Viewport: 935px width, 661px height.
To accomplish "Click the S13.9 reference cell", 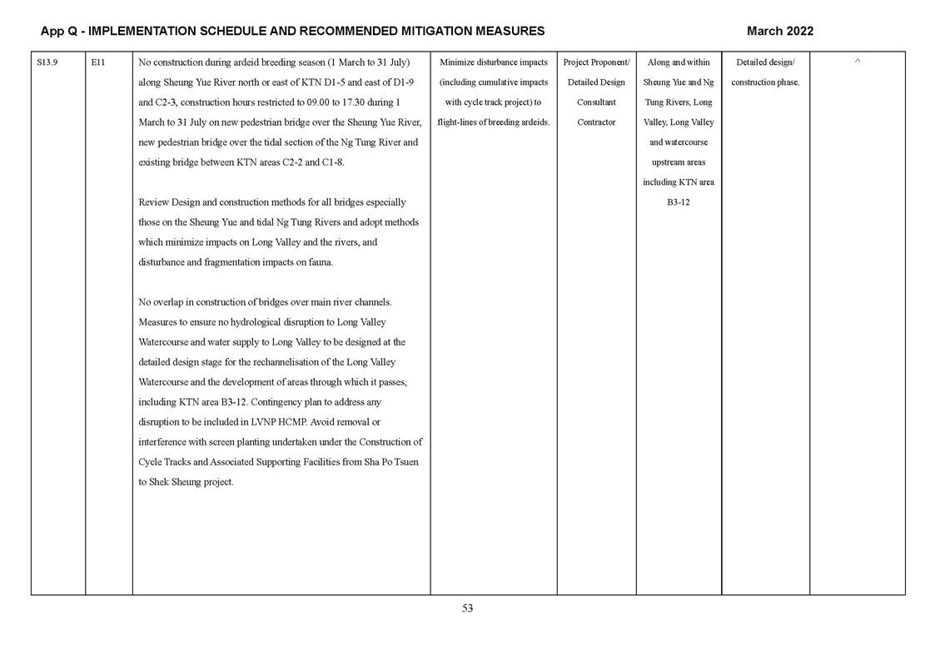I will click(x=47, y=62).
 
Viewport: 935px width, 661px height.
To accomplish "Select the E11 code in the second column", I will click(x=97, y=62).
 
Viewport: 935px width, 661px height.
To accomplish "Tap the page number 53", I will click(x=467, y=609).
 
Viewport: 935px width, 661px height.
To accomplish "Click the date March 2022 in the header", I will click(x=779, y=31).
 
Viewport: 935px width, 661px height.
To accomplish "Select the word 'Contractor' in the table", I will click(x=596, y=122).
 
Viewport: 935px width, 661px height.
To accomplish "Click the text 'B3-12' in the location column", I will click(x=679, y=202).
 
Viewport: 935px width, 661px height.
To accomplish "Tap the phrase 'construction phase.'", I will click(x=765, y=82).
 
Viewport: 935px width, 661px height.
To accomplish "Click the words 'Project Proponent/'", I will click(x=596, y=62).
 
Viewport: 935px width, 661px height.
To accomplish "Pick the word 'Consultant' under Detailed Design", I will click(x=596, y=102).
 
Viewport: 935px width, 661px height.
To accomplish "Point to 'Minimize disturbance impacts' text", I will click(x=493, y=62).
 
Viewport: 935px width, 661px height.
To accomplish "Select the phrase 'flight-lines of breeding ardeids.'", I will click(x=493, y=122).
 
